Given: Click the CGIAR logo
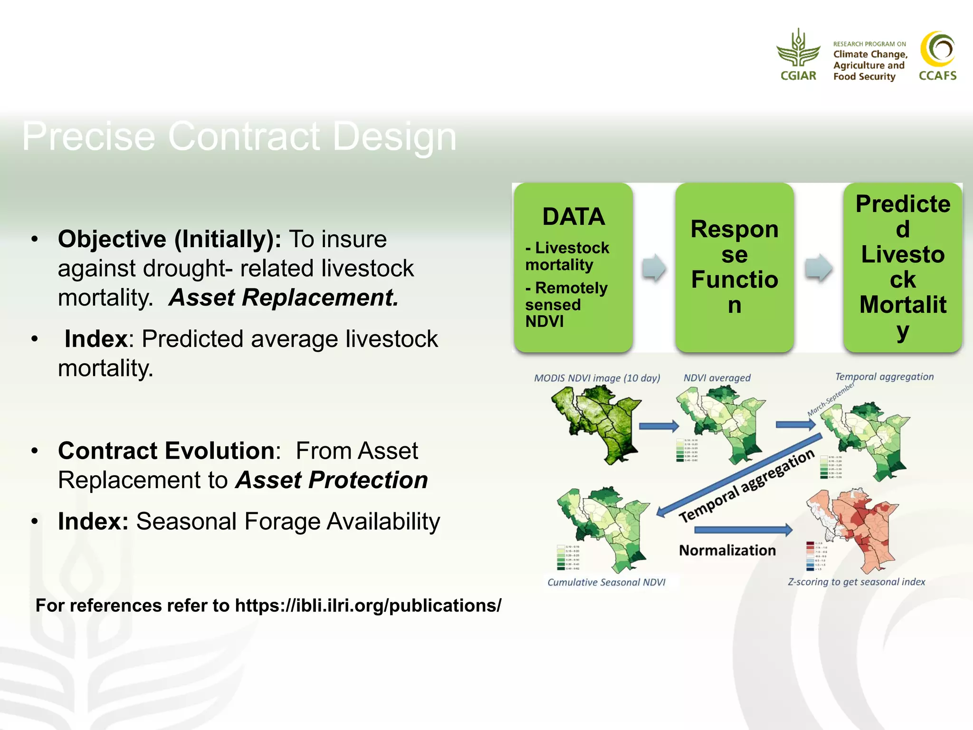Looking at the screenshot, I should click(798, 55).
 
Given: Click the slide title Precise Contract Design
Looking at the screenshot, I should click(239, 136).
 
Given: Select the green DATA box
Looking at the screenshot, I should click(573, 267).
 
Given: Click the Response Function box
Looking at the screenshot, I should click(735, 267).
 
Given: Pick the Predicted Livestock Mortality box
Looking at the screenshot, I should click(903, 267).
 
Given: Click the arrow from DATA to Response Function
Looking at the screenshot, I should click(654, 268).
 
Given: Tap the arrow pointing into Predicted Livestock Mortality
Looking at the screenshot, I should click(818, 268).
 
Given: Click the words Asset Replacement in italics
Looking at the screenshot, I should click(284, 298).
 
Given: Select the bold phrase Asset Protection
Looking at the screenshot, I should click(332, 480).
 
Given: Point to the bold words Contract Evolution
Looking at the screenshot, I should click(166, 451).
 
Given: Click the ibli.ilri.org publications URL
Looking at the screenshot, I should click(368, 605).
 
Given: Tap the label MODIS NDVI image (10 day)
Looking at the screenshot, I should click(597, 378).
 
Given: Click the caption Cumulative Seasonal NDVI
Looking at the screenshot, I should click(606, 582).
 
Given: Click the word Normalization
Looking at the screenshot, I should click(727, 550).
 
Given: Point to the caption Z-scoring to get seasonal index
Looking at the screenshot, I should click(856, 582).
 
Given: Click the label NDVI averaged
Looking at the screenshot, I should click(716, 378).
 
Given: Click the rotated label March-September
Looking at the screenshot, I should click(830, 399).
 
